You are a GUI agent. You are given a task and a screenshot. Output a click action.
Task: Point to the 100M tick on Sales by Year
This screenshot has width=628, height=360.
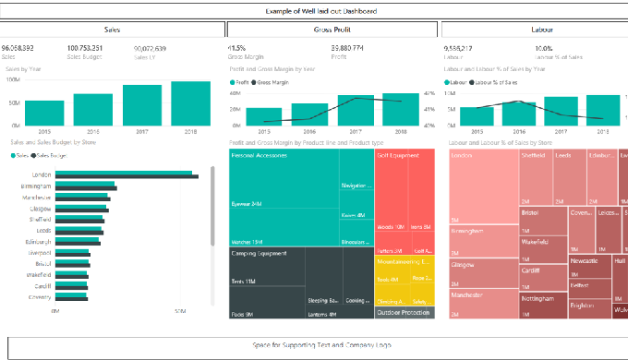coord(14,79)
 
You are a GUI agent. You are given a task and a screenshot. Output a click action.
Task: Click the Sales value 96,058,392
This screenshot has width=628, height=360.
coord(18,47)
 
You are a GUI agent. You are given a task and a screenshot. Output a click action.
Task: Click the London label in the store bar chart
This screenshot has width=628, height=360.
coord(42,174)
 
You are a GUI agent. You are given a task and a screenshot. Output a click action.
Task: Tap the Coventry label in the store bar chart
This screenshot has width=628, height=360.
coord(40,296)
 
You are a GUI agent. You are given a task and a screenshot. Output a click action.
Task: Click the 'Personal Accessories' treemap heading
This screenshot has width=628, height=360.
coord(260,156)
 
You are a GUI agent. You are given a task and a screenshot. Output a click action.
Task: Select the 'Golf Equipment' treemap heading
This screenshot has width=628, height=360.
coord(398,156)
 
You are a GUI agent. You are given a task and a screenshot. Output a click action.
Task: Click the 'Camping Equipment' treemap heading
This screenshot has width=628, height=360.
coord(258,252)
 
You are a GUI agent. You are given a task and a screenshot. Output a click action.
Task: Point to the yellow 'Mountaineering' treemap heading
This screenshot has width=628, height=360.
coord(398,261)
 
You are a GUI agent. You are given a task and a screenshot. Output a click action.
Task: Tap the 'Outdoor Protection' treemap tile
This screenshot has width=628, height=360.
coord(404,312)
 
